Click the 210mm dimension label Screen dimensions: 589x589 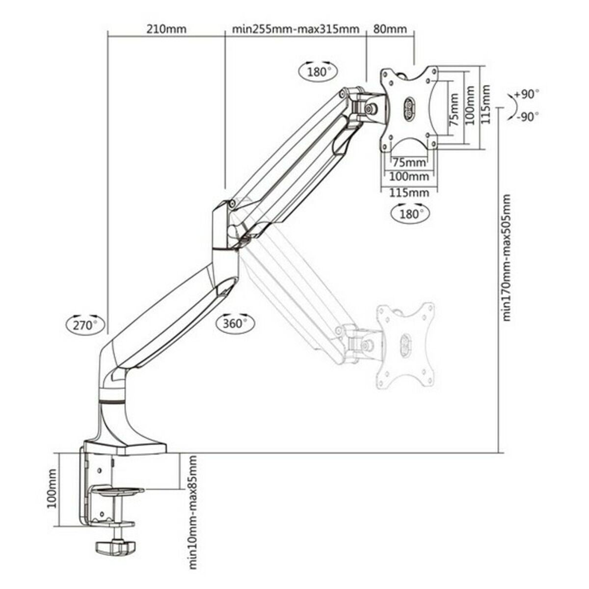coord(166,28)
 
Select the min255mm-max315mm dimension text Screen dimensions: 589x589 coord(295,28)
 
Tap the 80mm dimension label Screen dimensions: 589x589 coord(390,28)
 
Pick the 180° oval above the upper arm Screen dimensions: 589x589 coord(317,72)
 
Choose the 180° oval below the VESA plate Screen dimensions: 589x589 coord(410,214)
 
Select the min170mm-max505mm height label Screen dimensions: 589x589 coord(507,258)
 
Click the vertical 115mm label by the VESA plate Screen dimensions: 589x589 coord(486,105)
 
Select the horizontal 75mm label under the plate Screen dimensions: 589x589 coord(409,162)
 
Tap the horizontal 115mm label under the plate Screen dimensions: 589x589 coord(409,192)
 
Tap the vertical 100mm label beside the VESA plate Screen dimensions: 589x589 coord(470,105)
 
